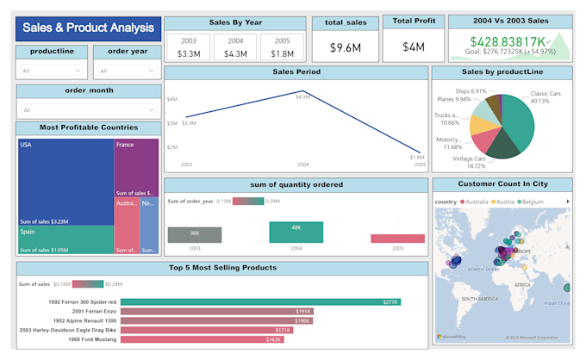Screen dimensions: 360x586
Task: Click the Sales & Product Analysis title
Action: [88, 28]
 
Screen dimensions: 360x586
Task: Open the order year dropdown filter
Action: [127, 71]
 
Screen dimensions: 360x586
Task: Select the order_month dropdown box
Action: [88, 109]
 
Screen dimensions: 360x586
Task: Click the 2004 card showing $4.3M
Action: [234, 48]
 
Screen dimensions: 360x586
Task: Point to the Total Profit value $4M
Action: [414, 47]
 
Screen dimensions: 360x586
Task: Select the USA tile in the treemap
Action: [65, 181]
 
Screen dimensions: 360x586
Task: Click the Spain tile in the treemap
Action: [65, 239]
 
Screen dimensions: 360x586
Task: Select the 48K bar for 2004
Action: [296, 233]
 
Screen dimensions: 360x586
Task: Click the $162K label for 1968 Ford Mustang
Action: [273, 340]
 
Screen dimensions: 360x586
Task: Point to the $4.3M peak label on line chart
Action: [302, 96]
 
